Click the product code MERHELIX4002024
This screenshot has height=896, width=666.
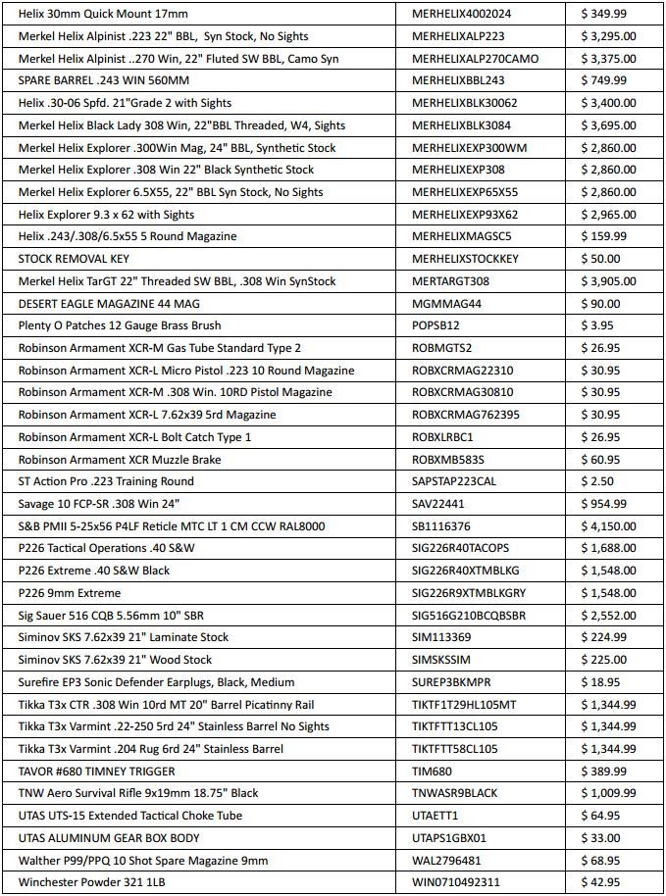click(462, 14)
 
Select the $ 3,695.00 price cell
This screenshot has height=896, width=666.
click(608, 125)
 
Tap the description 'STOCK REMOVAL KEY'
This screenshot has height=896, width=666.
click(74, 259)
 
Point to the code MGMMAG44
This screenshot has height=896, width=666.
click(447, 304)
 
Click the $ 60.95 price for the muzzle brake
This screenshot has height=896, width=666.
click(601, 460)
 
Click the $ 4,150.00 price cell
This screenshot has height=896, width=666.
click(608, 526)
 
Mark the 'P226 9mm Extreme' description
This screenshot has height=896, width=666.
click(70, 593)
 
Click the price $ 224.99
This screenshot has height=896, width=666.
click(604, 637)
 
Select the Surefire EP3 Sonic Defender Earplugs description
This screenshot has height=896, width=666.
click(156, 682)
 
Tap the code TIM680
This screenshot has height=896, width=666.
click(433, 772)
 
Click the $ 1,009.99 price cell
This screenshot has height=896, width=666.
click(608, 793)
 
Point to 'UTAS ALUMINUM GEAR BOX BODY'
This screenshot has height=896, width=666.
click(109, 838)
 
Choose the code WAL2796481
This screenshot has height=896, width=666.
click(447, 861)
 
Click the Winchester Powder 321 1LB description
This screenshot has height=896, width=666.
click(88, 882)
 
